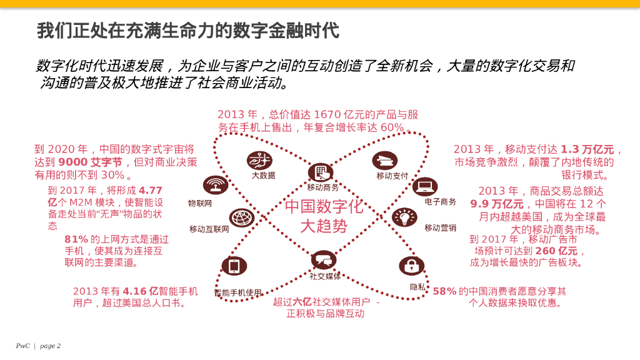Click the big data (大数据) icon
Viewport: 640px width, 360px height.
259,161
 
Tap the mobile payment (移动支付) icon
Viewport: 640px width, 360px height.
385,161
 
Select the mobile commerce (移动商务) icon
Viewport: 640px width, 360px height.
321,172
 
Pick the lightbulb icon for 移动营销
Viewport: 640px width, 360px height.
404,217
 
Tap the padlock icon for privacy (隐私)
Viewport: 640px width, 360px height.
411,266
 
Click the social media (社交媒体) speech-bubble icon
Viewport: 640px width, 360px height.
324,259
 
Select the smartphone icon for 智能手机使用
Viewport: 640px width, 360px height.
234,266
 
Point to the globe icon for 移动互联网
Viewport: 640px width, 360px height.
242,218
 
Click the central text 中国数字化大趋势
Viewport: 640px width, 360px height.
323,216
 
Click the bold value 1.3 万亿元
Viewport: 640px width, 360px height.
587,149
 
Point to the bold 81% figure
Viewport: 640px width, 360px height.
76,239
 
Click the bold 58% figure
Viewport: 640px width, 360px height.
444,291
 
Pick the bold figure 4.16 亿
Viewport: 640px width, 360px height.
141,291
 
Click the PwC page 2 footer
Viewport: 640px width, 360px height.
38,346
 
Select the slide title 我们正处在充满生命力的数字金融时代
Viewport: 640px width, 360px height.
187,29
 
